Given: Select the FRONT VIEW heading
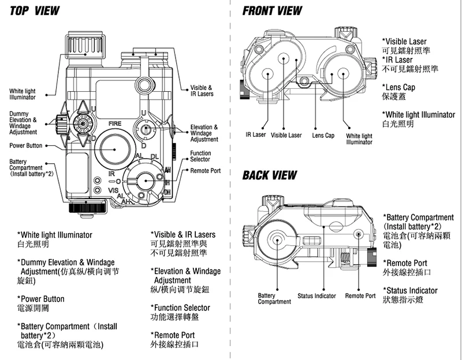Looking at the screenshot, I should pos(272,11).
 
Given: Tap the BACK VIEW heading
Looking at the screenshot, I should pos(270,175).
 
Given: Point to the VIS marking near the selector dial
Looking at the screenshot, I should pos(113,190).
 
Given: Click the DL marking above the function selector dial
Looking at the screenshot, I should pos(154,157).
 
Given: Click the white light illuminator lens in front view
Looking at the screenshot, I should pos(342,73).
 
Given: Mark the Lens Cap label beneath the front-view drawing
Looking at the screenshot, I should pos(323,136).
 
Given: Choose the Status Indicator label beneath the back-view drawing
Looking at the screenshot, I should pos(316,296).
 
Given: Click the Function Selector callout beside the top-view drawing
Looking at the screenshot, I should pos(200,156).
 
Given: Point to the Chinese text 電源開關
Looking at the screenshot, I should pos(33,309).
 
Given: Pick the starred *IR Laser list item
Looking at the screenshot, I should pos(397,60).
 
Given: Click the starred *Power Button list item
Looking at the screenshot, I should pos(41,299).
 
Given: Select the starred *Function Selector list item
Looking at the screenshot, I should pos(180,307).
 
